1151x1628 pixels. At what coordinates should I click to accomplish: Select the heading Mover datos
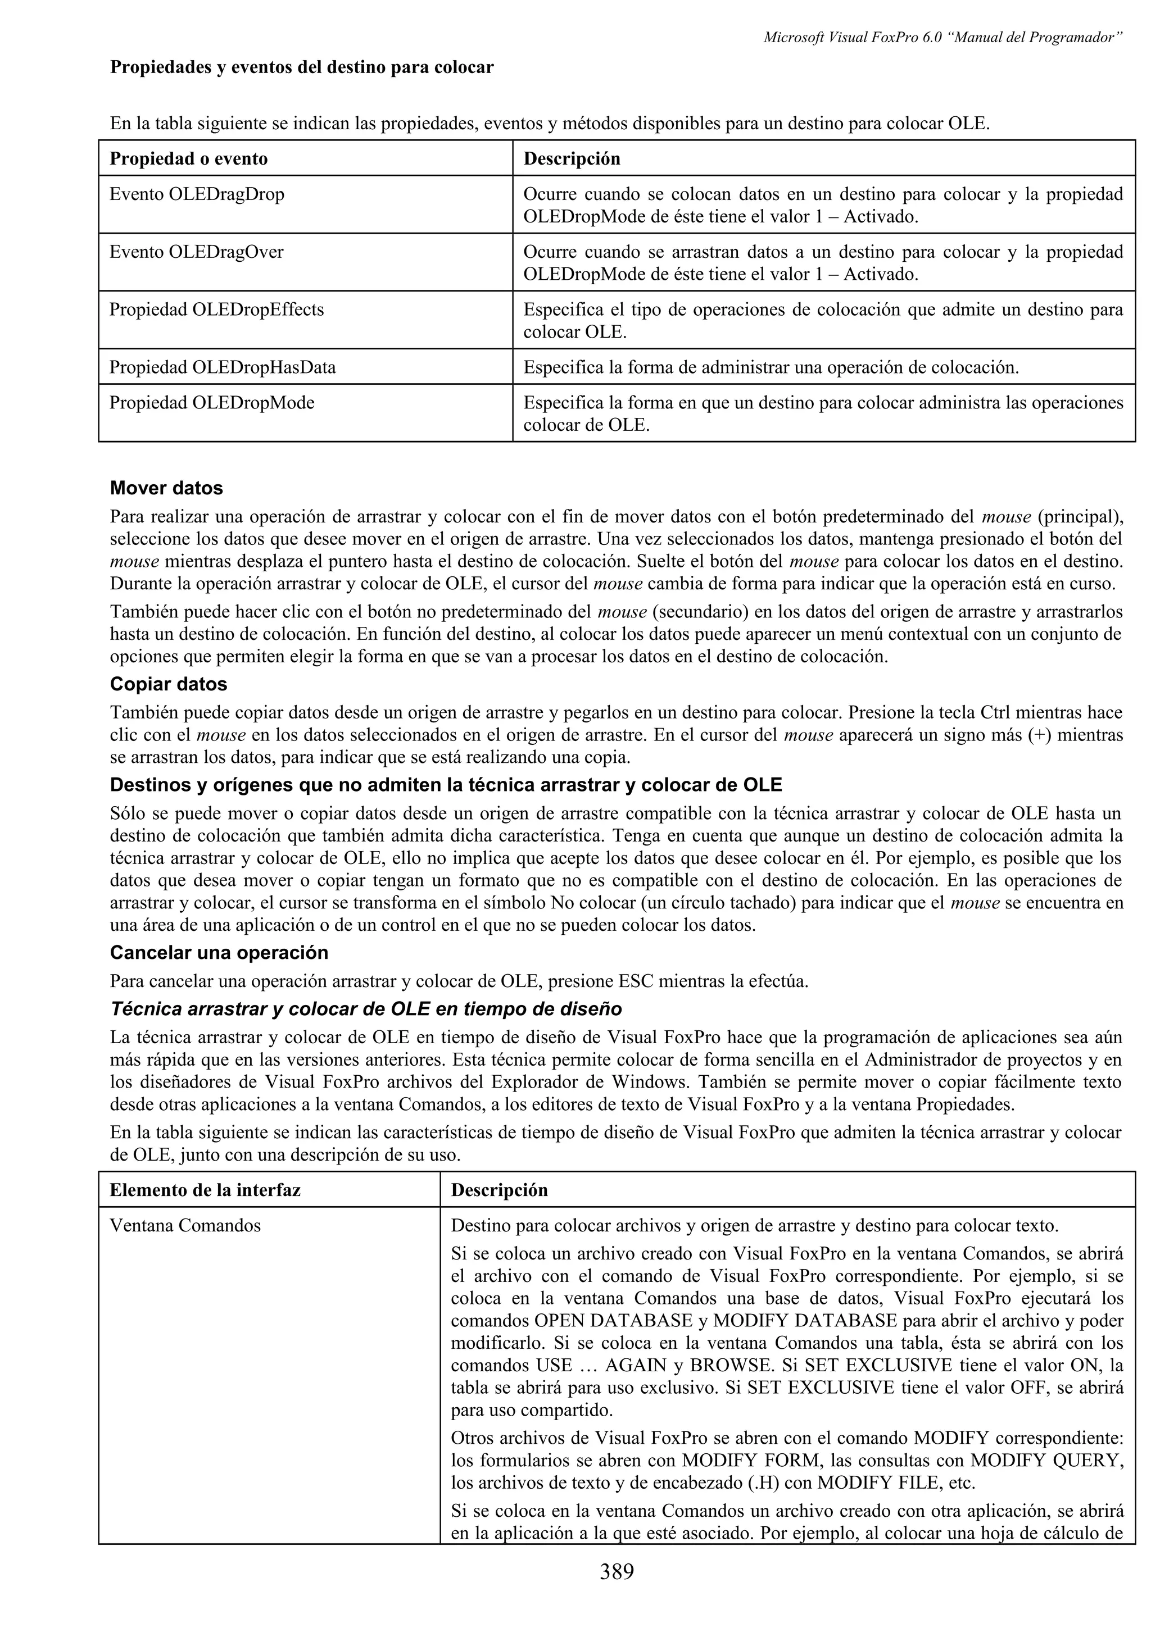point(166,489)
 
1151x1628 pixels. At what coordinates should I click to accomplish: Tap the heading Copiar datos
point(168,684)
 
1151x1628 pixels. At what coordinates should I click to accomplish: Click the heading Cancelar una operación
point(219,952)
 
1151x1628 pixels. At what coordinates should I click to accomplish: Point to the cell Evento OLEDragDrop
point(197,194)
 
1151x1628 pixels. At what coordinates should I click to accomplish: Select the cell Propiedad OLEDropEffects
point(216,310)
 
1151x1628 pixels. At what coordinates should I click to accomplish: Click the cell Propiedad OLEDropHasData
point(222,367)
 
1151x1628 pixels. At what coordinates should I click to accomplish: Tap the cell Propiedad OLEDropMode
point(211,403)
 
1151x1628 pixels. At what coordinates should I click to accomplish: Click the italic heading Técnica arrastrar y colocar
point(365,1009)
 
